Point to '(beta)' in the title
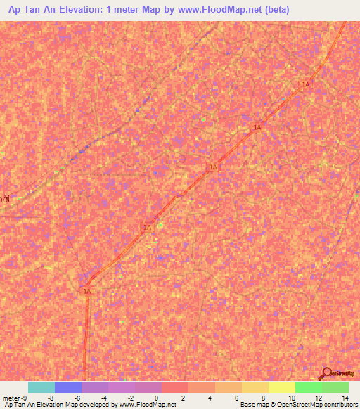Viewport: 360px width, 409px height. [x=272, y=11]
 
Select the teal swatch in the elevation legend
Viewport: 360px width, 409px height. [x=41, y=387]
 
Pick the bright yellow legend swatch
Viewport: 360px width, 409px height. [x=281, y=387]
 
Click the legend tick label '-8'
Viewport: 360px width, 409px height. [x=54, y=398]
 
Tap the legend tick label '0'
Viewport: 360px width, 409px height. [x=162, y=398]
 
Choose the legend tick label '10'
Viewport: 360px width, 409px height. [x=291, y=398]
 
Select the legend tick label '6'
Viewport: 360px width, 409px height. [x=238, y=398]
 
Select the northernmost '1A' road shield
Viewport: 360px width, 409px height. [x=305, y=84]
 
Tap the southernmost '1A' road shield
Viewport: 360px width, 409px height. [x=87, y=290]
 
